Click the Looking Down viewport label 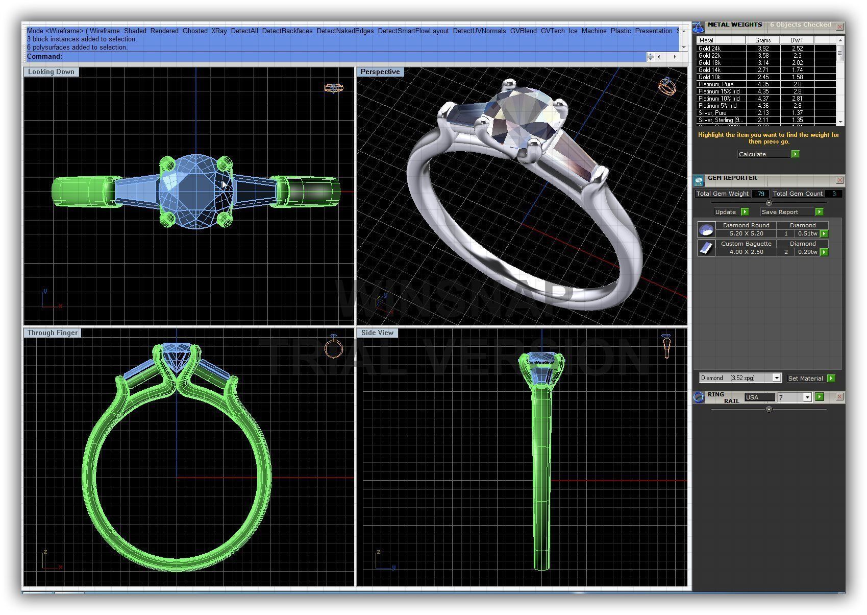tap(51, 72)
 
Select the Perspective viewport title tap(380, 72)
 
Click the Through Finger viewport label tap(53, 333)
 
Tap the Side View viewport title tap(377, 333)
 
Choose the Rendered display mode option tap(164, 31)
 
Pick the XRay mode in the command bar tap(219, 31)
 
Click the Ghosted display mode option tap(195, 31)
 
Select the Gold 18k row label tap(709, 63)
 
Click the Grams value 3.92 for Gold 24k tap(763, 49)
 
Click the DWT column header tap(797, 40)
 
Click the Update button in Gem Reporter tap(726, 212)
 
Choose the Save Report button tap(780, 212)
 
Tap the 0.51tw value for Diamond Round tap(807, 234)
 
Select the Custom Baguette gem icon tap(706, 248)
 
